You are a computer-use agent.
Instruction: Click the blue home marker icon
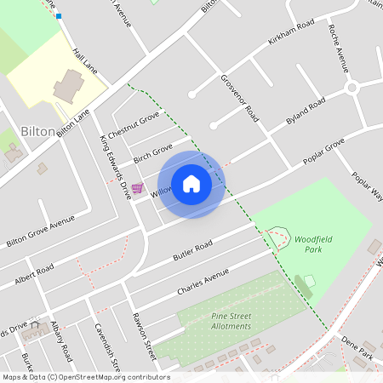191,184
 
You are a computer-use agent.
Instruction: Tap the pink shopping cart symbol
138,188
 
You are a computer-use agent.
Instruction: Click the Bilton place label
37,132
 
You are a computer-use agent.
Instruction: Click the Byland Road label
306,112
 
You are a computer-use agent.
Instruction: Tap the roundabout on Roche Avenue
352,89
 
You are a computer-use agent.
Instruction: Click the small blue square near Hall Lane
59,15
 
